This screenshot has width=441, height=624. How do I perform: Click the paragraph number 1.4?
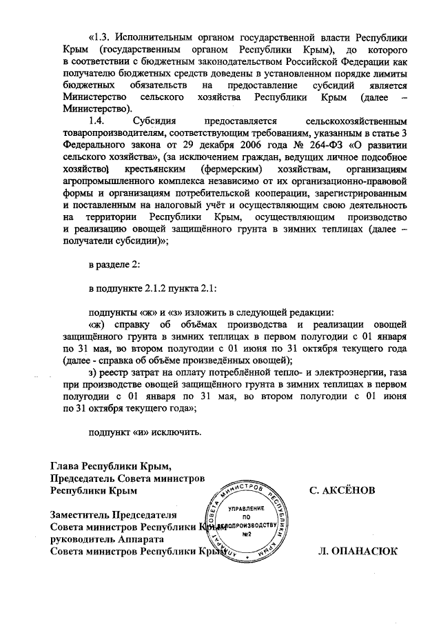pos(101,122)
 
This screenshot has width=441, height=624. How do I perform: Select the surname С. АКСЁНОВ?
pos(342,491)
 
